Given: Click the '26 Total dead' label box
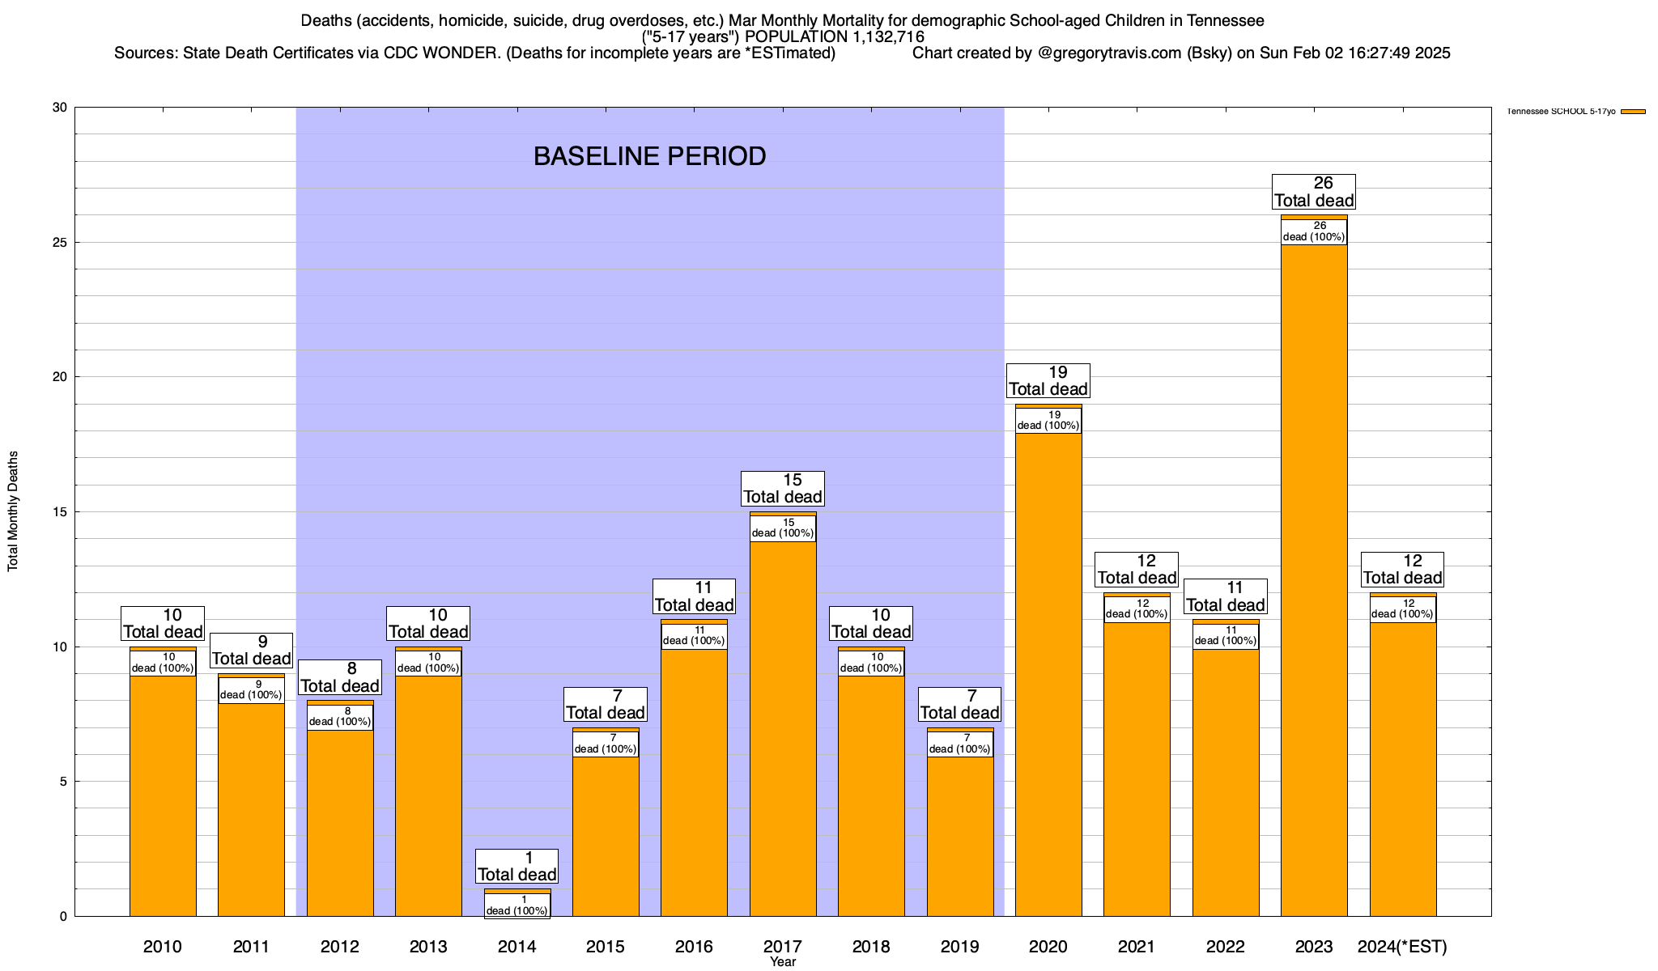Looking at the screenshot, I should click(x=1314, y=192).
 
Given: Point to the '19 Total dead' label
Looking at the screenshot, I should click(x=1048, y=381).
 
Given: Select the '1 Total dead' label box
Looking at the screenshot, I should click(x=517, y=867).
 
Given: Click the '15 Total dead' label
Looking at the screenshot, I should click(x=783, y=489).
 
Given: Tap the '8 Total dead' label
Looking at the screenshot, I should click(x=340, y=677).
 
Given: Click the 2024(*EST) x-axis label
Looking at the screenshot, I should click(x=1402, y=947).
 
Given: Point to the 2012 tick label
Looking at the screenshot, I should click(x=340, y=947).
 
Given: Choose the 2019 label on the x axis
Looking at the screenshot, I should click(x=959, y=947).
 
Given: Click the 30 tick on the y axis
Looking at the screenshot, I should click(x=60, y=108).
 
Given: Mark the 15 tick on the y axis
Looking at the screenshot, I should click(x=60, y=512).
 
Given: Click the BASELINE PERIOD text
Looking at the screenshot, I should click(x=649, y=156).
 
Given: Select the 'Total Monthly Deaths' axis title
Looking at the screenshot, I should click(x=13, y=511).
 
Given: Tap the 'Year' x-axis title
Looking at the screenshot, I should click(x=783, y=962).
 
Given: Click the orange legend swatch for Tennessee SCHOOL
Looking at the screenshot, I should click(x=1633, y=112).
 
